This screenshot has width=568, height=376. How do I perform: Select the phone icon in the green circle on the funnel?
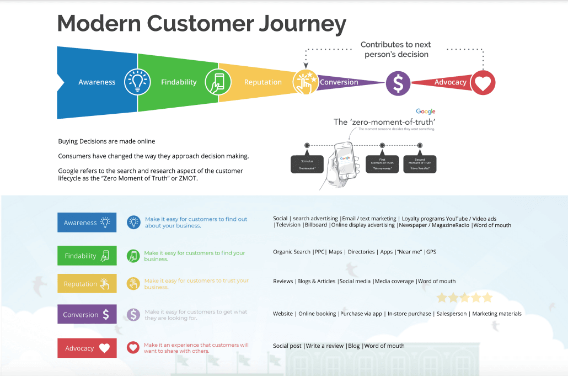[218, 82]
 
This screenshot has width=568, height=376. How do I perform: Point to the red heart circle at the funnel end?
[483, 83]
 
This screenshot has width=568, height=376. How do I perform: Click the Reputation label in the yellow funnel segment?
[262, 82]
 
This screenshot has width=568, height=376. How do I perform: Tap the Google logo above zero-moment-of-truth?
[426, 112]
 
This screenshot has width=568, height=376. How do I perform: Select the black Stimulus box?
[307, 164]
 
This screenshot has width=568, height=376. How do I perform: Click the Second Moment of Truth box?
[420, 164]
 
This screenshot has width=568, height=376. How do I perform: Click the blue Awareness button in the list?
[87, 223]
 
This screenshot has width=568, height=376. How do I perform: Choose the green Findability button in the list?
[87, 256]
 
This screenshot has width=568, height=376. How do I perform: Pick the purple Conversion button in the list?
[87, 315]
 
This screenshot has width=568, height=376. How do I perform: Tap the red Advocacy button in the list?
[87, 348]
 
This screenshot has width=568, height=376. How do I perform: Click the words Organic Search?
[292, 252]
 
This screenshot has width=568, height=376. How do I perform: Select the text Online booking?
[317, 314]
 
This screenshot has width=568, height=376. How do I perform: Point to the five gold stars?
[464, 298]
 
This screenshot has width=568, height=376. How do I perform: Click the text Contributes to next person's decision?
[396, 50]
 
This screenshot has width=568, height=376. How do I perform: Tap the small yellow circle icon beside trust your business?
[133, 284]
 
